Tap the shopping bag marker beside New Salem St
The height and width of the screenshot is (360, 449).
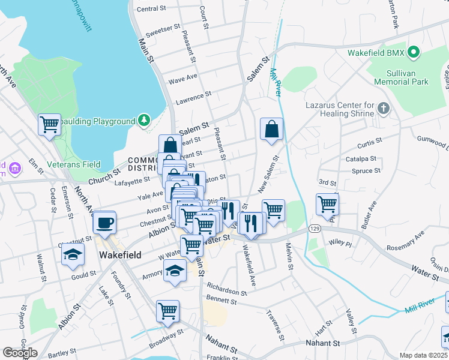tap(271, 129)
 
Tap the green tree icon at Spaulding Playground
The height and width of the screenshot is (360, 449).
tap(143, 121)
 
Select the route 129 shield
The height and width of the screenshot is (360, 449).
tap(314, 229)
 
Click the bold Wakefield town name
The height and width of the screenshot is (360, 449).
tap(119, 255)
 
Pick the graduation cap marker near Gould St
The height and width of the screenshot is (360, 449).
tap(73, 254)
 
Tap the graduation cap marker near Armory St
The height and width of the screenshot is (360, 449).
tap(175, 271)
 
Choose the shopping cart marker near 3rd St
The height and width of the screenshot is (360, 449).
tap(327, 204)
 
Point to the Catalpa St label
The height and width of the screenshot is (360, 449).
tap(361, 159)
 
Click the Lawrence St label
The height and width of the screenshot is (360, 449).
tap(193, 95)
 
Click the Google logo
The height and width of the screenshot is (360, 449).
tap(20, 352)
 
